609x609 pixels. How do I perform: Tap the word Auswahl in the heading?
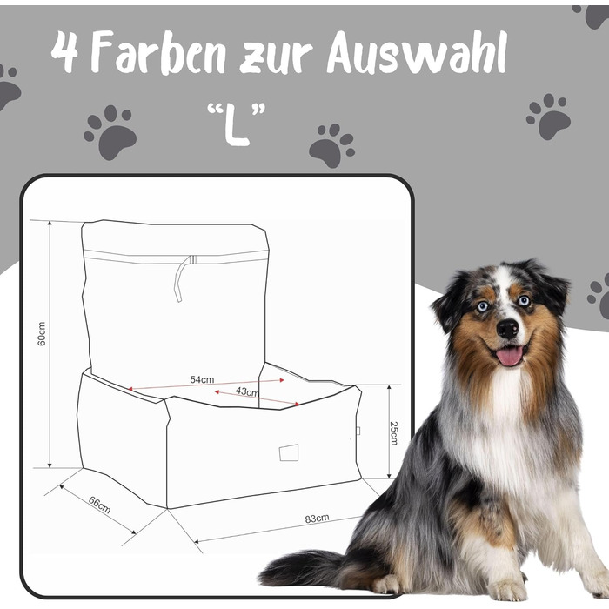[x=417, y=52]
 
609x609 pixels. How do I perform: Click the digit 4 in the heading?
[x=64, y=52]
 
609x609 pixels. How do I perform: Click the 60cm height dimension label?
[x=41, y=333]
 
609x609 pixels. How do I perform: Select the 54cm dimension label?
[x=202, y=379]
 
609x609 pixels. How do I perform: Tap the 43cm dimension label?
[x=247, y=391]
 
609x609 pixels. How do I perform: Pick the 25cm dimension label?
[x=394, y=433]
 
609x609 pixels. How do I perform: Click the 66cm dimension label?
[x=99, y=505]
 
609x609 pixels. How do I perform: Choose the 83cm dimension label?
[x=317, y=519]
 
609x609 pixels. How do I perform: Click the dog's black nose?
[x=507, y=328]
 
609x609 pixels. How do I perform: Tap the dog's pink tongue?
[x=510, y=356]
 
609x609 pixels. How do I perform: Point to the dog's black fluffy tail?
[x=307, y=568]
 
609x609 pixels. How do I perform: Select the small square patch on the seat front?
[x=289, y=452]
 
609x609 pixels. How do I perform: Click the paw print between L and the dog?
[x=331, y=145]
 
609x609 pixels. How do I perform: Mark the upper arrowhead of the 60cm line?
[x=50, y=224]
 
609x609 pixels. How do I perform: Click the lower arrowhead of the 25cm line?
[x=389, y=475]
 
